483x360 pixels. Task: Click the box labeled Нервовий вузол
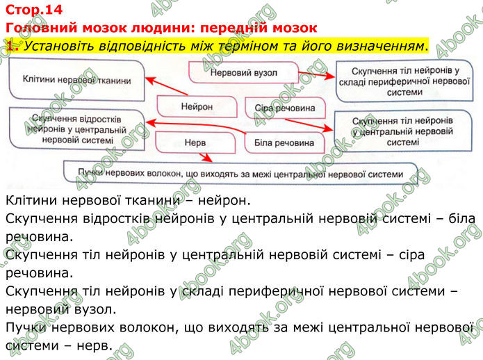click(242, 72)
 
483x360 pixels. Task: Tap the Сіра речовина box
click(285, 108)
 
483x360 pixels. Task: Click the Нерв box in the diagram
click(196, 142)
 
